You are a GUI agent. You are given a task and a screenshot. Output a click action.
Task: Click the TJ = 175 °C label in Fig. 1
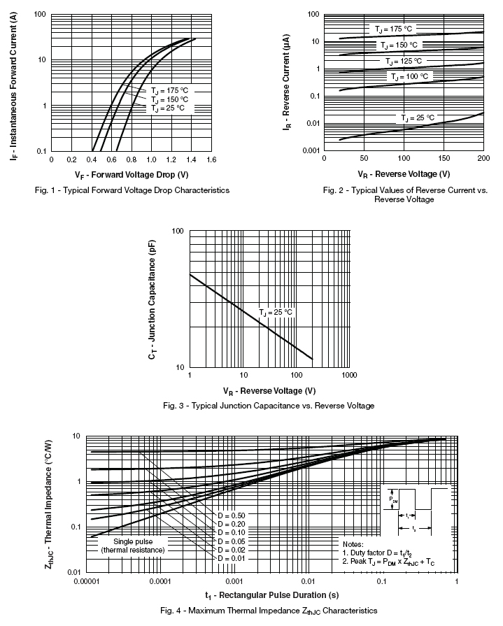click(170, 91)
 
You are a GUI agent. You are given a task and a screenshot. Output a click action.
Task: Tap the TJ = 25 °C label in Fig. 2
click(418, 117)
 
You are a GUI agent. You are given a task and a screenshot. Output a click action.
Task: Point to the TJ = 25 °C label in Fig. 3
click(276, 312)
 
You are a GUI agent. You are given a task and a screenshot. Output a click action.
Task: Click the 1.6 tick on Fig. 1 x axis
click(211, 159)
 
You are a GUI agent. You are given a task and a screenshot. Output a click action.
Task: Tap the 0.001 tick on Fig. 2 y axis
click(310, 150)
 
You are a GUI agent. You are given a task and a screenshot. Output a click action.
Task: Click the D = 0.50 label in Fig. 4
click(232, 515)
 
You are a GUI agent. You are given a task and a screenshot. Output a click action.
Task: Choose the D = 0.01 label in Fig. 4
click(232, 557)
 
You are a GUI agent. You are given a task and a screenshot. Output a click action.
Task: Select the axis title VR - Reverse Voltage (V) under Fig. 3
click(269, 390)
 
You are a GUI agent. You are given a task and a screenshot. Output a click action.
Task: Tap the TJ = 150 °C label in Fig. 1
click(170, 99)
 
